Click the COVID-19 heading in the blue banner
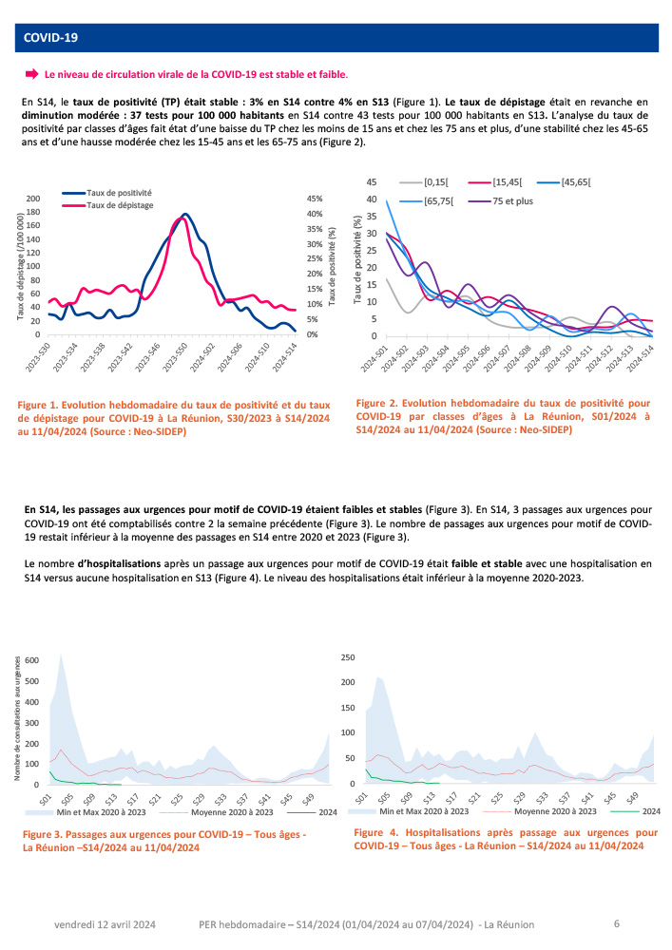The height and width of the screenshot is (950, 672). click(x=51, y=38)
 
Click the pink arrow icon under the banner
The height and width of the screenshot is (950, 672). click(x=30, y=73)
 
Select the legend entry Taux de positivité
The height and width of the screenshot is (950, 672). click(x=119, y=192)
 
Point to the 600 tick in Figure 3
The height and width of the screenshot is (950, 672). click(x=32, y=659)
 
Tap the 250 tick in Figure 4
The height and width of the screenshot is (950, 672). click(x=348, y=656)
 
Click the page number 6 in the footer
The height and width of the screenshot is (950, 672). click(x=617, y=922)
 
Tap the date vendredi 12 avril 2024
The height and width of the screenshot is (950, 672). click(x=106, y=923)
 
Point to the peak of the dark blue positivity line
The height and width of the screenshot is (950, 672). click(x=184, y=215)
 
